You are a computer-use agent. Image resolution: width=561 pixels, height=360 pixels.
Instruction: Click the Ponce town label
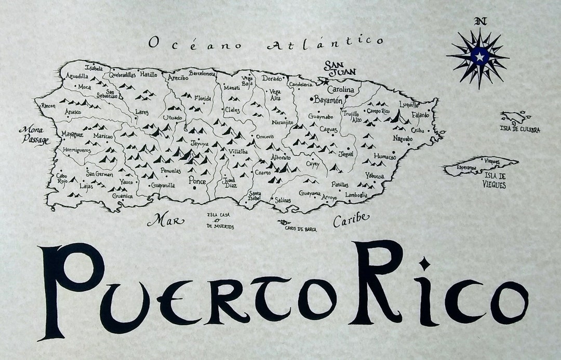pos(197,181)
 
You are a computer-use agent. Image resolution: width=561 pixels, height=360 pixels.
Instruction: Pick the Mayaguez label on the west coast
pos(72,135)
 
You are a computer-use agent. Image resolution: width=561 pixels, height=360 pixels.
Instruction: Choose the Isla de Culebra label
pos(520,129)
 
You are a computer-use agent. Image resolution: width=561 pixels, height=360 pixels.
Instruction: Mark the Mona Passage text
pos(34,135)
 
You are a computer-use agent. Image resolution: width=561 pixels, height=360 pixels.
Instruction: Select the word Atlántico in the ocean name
pos(326,42)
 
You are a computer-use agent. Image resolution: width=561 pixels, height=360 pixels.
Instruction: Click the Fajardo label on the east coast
pos(420,115)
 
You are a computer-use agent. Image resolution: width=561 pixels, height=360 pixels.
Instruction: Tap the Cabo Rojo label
pos(62,178)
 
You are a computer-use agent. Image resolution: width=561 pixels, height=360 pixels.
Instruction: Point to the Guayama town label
pos(310,193)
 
